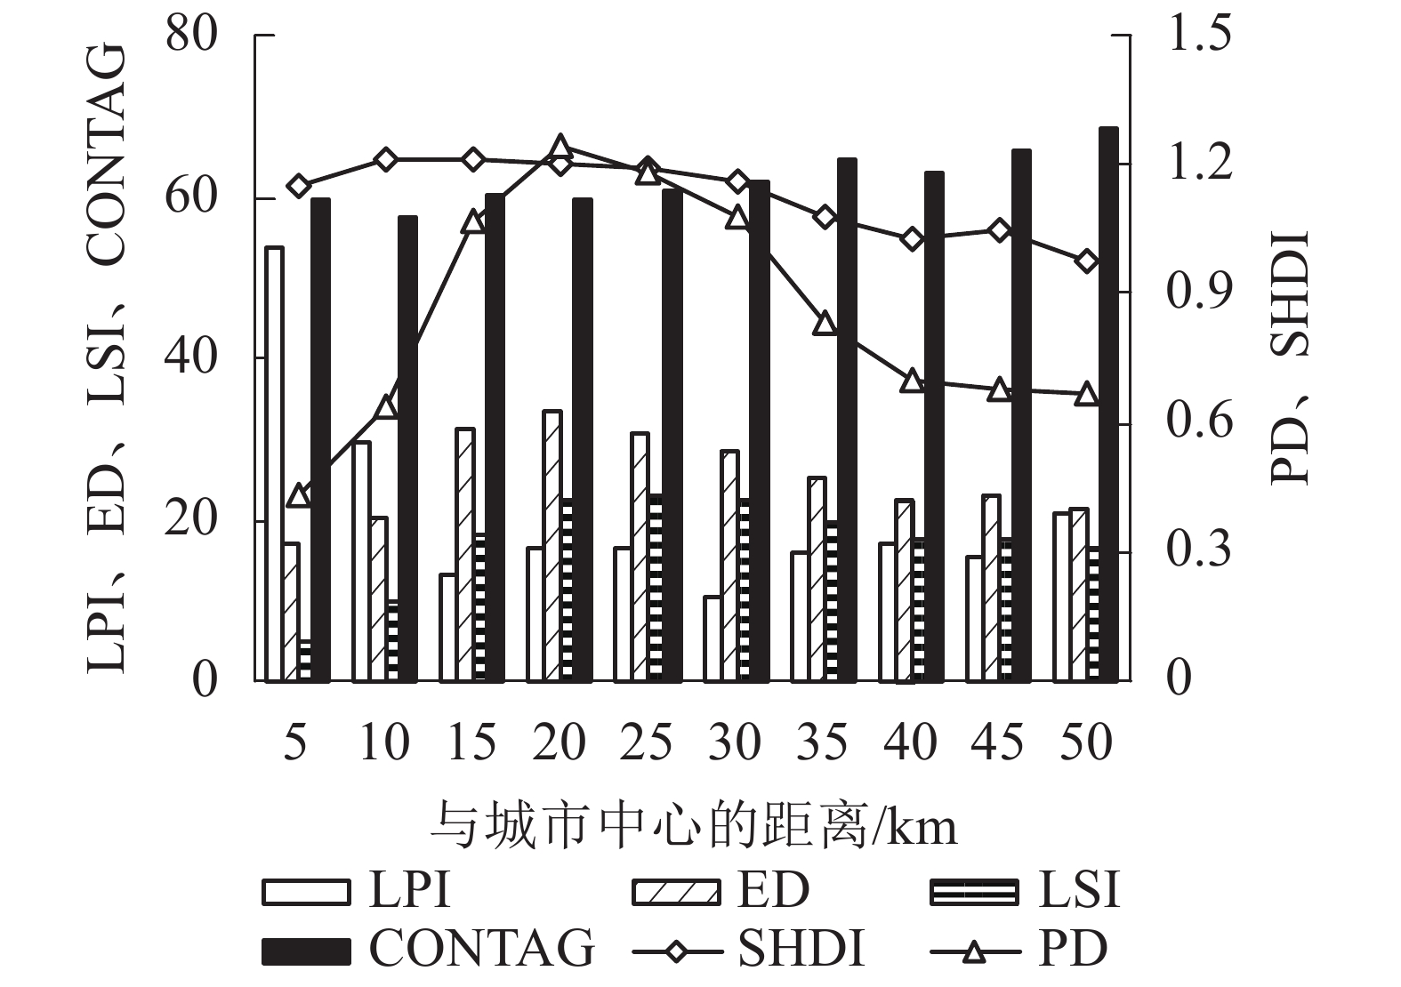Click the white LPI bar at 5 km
coord(274,464)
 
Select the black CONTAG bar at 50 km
coord(1108,405)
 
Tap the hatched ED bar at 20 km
coord(552,546)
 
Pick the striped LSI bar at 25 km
coord(656,589)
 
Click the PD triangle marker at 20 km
coord(560,148)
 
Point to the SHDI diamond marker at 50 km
coord(1086,261)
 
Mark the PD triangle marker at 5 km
coord(299,495)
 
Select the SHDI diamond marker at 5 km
coord(299,186)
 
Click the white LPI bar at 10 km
coord(361,561)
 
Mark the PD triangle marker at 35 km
coord(825,323)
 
